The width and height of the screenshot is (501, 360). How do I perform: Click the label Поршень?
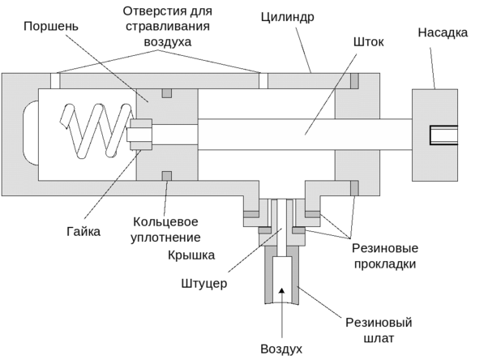click(50, 28)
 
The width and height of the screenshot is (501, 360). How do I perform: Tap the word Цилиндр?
click(289, 16)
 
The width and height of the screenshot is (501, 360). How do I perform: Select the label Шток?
click(370, 41)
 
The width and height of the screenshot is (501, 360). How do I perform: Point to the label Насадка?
click(443, 33)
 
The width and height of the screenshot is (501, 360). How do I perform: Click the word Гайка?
click(84, 232)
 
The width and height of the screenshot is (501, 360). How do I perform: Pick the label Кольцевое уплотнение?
click(166, 229)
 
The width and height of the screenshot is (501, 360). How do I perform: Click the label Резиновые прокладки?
click(384, 255)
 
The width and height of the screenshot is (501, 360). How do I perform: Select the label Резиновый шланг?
click(379, 331)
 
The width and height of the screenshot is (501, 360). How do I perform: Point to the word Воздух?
click(282, 349)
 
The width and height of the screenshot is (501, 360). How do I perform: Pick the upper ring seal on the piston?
click(166, 92)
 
